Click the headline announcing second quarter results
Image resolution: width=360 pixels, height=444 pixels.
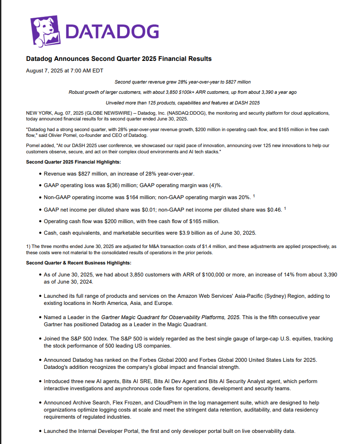click(x=119, y=59)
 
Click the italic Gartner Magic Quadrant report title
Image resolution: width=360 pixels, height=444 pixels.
click(x=171, y=317)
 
